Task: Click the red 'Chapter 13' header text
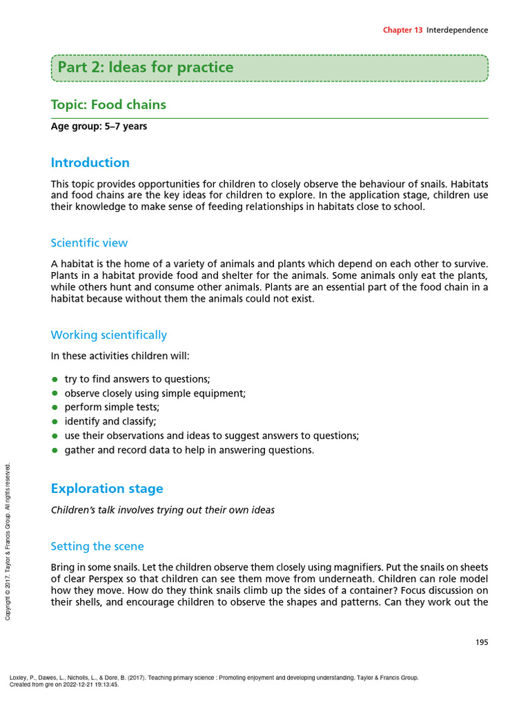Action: coord(403,30)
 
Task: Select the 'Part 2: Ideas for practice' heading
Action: coord(146,68)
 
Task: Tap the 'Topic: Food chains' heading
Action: coord(108,105)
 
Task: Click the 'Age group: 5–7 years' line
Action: coord(99,126)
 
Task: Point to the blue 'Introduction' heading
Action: coord(90,163)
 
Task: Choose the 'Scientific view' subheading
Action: coord(89,243)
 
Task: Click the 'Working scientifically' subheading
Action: coord(108,335)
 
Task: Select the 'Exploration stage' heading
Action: coord(107,489)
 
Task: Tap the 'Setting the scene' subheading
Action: coord(97,546)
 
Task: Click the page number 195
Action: coord(481,642)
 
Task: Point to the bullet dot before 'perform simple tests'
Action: coord(55,407)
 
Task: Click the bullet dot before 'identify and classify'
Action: coord(55,421)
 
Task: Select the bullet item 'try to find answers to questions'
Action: coord(137,379)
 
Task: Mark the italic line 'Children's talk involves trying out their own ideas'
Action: coord(163,510)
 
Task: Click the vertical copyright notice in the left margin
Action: coord(8,541)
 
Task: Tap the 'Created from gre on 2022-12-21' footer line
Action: coord(64,685)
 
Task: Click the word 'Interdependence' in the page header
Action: coord(457,30)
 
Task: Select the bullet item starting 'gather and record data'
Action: coord(188,450)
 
